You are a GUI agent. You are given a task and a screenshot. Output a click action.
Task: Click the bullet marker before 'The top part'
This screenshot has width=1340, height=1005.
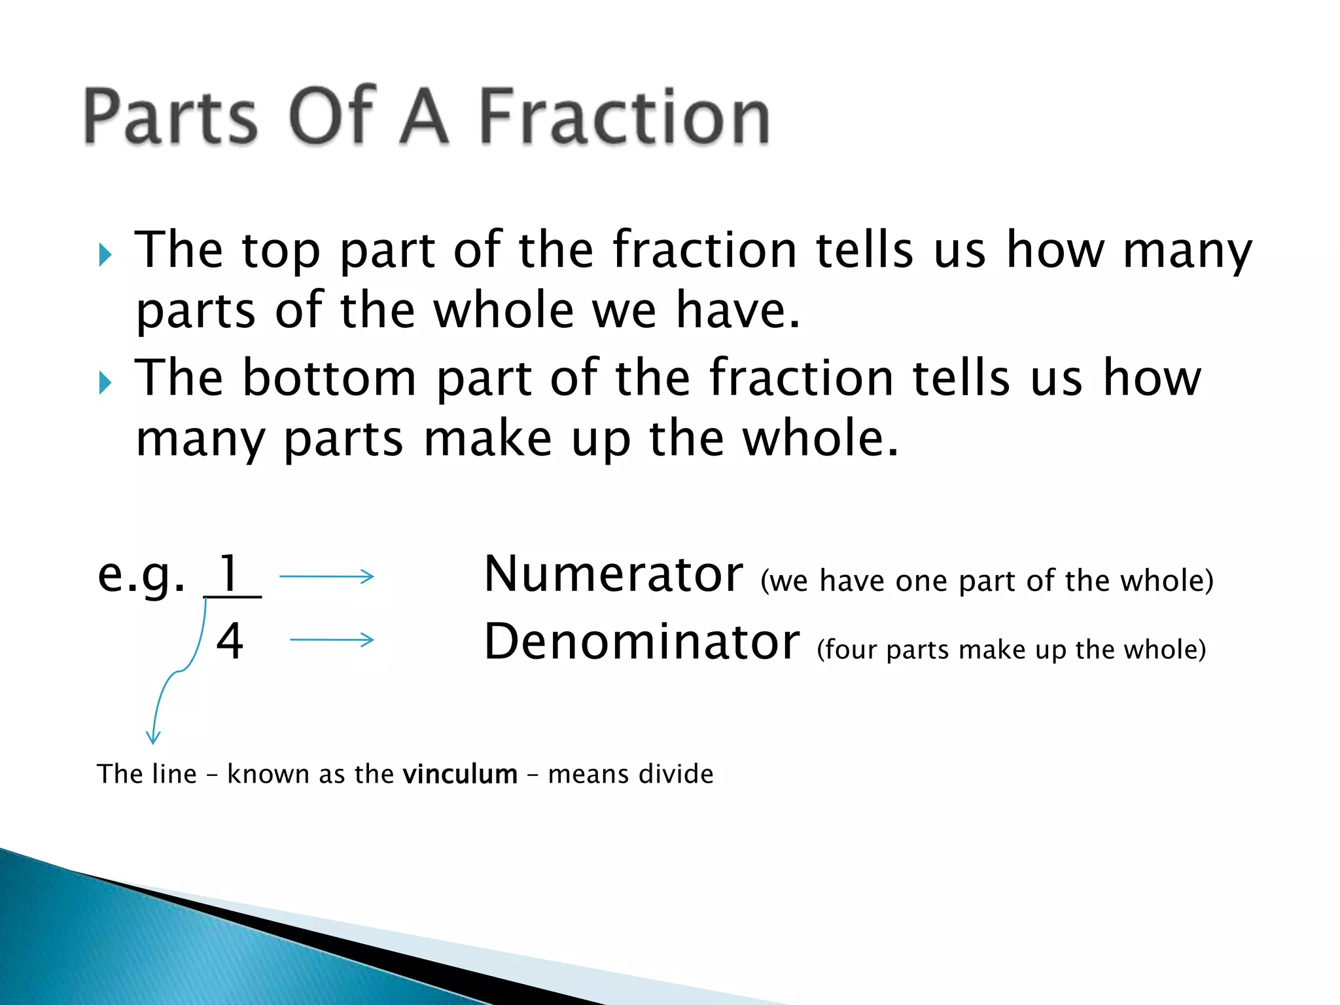click(x=105, y=255)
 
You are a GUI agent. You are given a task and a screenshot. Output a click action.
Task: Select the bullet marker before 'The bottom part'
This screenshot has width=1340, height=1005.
click(x=105, y=383)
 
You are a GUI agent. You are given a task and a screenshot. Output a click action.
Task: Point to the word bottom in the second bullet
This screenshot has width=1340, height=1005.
click(x=329, y=378)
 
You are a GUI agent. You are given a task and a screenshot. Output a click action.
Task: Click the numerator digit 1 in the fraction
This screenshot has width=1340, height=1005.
click(x=229, y=574)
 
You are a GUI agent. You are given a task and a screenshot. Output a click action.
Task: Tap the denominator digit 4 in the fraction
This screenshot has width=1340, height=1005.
click(x=230, y=641)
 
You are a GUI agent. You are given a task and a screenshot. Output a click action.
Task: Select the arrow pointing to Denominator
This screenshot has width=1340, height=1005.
click(x=332, y=640)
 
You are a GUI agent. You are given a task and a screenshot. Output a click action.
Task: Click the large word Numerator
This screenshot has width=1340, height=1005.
click(x=613, y=574)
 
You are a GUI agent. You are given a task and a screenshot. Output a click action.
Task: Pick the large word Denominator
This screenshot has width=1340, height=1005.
click(x=641, y=642)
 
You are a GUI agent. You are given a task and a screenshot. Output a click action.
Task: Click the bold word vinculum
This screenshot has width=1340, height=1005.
click(x=460, y=774)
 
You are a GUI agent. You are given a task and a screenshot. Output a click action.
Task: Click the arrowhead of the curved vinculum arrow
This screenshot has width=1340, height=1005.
click(x=153, y=739)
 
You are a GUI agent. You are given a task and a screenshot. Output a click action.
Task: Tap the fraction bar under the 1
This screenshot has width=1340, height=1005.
click(x=233, y=597)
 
